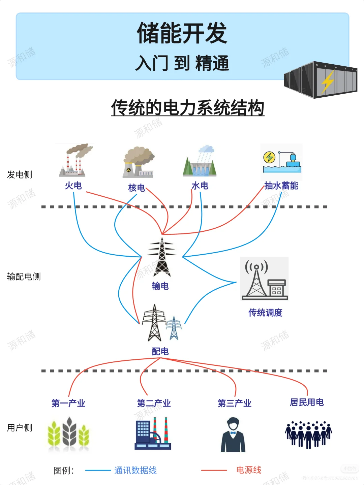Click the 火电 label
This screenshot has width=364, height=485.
point(73,186)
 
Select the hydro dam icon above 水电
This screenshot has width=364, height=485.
point(200,162)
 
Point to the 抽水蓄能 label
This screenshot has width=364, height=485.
point(281,186)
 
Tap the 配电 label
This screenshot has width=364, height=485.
point(160,352)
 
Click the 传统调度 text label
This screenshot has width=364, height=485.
point(265,313)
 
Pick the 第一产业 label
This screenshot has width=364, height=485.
point(68,403)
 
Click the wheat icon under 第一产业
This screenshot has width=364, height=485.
point(69,434)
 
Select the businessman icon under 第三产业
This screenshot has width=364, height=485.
point(233,435)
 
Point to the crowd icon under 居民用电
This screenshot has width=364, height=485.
point(308,434)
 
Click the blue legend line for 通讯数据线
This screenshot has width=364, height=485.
point(98,471)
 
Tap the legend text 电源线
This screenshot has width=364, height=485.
point(248,470)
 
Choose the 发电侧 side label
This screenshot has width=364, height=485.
point(20,174)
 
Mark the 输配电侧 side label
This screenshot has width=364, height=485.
point(24,277)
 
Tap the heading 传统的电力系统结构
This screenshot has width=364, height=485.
point(188,108)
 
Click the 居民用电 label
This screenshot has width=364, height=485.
point(307,402)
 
